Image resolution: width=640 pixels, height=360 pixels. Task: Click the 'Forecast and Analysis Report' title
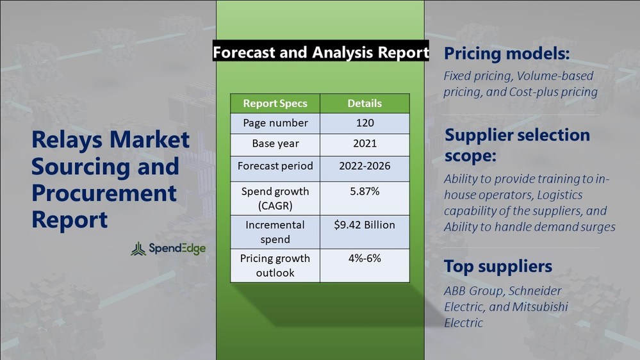(320, 53)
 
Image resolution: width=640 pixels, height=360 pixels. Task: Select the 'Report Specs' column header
(275, 103)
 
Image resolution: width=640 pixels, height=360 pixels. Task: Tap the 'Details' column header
(365, 103)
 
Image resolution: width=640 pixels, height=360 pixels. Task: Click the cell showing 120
(365, 123)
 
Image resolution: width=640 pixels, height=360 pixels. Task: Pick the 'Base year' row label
(275, 143)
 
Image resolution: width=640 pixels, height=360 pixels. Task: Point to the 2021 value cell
(365, 143)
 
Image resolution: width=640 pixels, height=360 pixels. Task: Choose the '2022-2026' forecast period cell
(365, 166)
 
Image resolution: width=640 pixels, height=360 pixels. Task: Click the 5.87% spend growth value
(365, 191)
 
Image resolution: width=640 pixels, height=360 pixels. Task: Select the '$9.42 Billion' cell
(365, 225)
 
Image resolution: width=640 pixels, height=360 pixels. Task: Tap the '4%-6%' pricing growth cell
(365, 258)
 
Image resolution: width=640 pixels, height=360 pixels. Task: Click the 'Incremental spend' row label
(275, 232)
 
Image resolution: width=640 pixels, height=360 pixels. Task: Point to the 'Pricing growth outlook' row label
(275, 265)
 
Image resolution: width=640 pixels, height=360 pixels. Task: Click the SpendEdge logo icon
(138, 249)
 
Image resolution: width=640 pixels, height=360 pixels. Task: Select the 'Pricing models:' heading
(507, 53)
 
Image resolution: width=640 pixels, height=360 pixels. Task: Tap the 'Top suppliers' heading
(498, 266)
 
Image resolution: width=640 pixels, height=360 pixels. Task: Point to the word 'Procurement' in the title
(104, 193)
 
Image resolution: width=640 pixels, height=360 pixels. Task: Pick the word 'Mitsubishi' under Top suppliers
(537, 307)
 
